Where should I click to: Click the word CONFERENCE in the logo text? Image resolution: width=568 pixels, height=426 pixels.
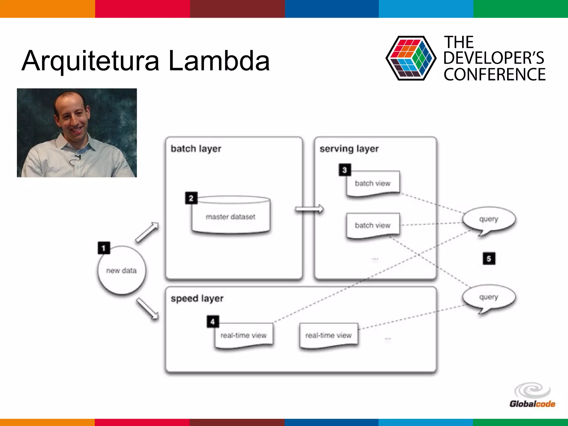[495, 75]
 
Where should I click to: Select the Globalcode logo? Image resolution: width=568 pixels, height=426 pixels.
[532, 395]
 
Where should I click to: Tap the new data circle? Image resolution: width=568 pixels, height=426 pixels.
[121, 270]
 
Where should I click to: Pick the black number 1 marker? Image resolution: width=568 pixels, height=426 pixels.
[104, 248]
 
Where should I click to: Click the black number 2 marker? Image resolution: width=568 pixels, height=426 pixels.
[191, 198]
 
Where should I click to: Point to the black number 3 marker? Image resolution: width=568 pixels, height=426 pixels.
[345, 170]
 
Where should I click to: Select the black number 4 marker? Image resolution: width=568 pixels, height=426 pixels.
[213, 321]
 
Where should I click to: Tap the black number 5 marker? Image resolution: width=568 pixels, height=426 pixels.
[489, 258]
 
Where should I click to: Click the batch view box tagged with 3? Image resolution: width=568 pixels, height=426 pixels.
[373, 184]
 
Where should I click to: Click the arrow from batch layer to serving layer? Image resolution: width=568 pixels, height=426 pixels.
[309, 209]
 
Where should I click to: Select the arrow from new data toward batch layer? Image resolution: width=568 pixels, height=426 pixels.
[147, 232]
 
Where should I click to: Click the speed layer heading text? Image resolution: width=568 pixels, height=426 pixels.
[197, 299]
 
